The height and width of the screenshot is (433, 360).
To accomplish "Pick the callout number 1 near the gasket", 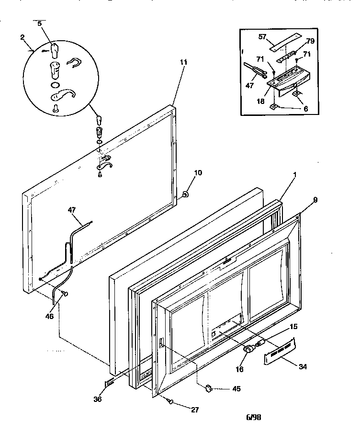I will (294, 175).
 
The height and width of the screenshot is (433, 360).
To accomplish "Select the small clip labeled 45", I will (209, 387).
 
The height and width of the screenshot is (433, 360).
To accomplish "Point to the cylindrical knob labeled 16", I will (249, 350).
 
